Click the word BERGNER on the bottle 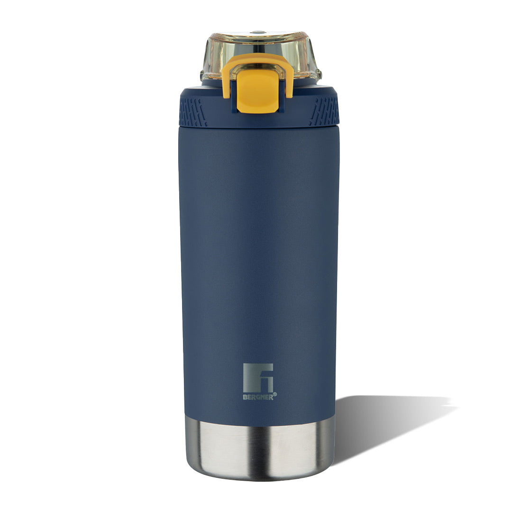click(x=257, y=397)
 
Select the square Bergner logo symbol click(x=258, y=378)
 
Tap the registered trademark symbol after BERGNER click(x=275, y=394)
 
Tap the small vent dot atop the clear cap click(x=258, y=32)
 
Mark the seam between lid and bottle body click(x=259, y=127)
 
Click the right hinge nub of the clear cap click(x=318, y=75)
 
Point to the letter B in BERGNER click(x=245, y=397)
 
